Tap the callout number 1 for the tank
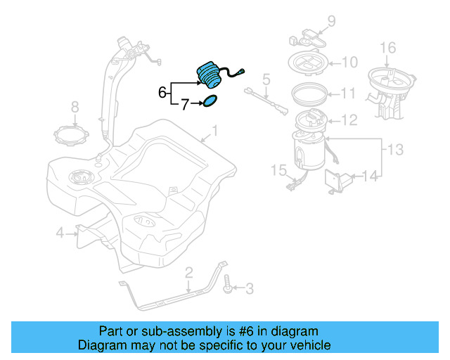click(x=215, y=131)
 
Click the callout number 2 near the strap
click(x=188, y=272)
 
